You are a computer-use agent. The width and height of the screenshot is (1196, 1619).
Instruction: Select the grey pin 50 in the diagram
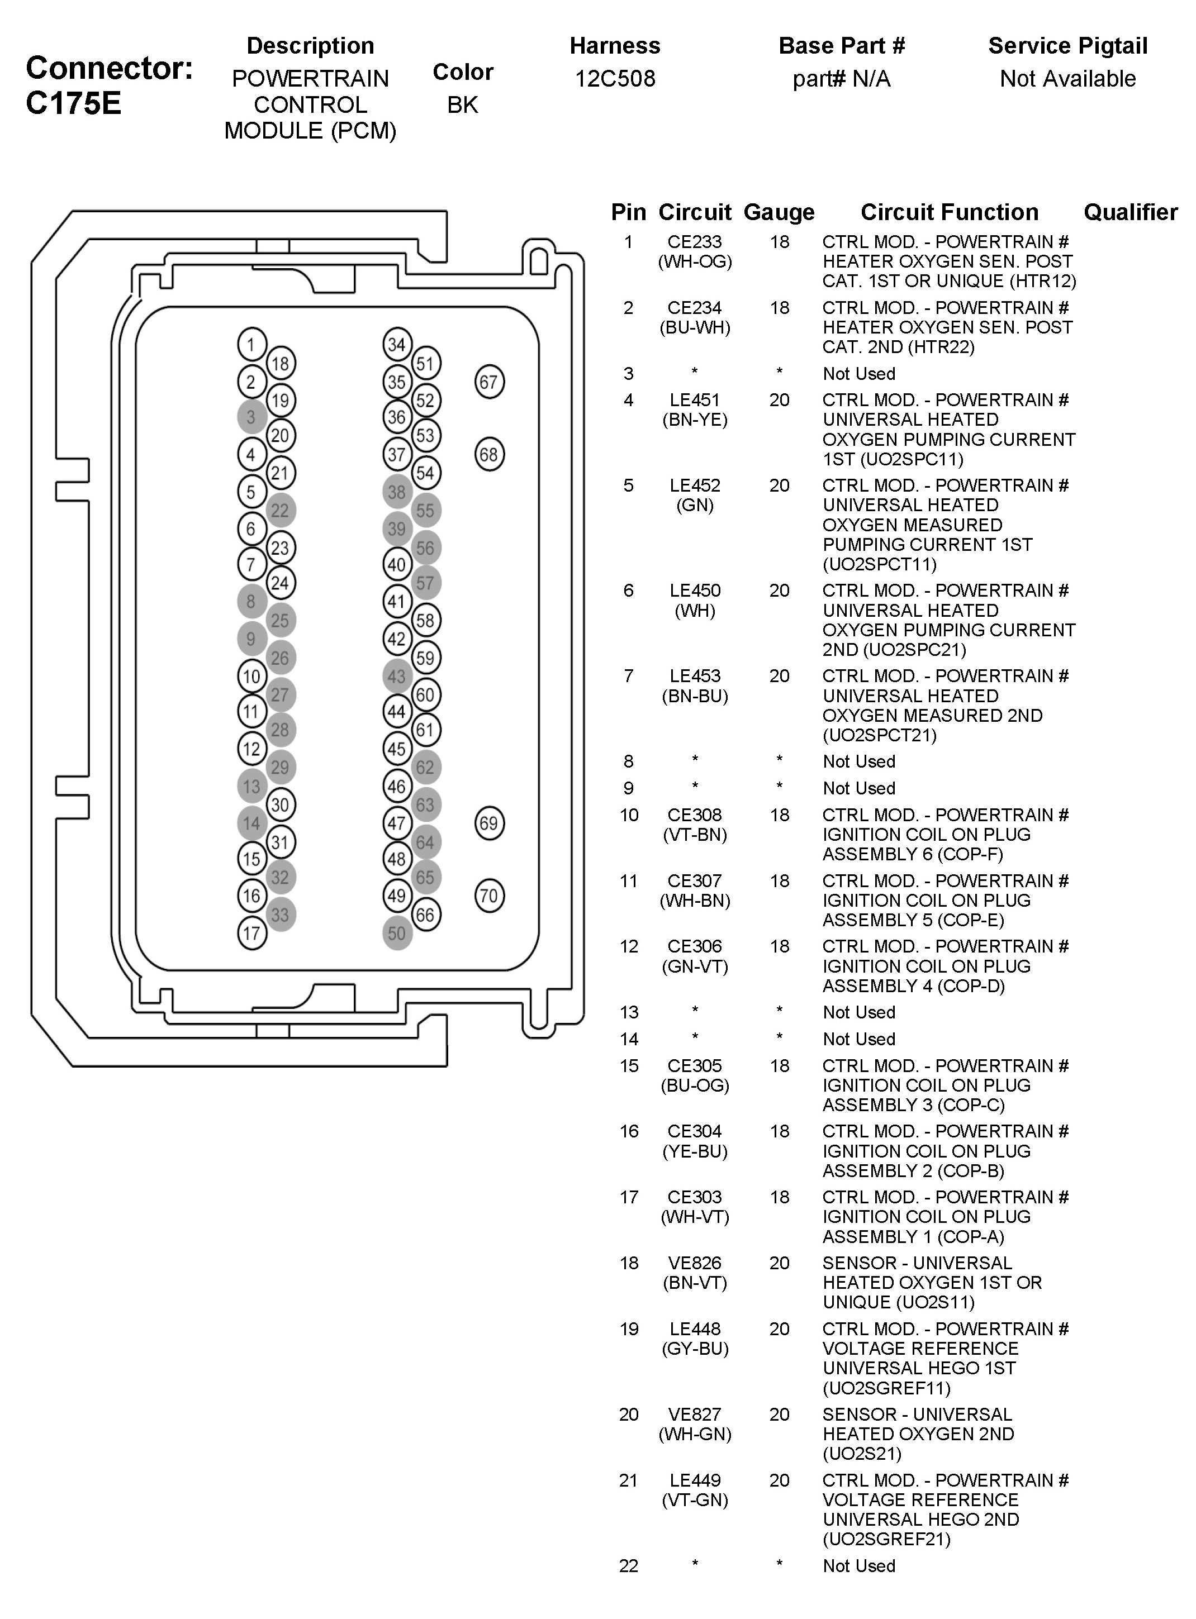pos(397,934)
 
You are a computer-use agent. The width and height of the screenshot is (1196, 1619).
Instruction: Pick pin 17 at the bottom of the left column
pos(251,934)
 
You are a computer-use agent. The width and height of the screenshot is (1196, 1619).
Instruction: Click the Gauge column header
pos(779,212)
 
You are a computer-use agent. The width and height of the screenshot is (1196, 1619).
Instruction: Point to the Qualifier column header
pos(1130,212)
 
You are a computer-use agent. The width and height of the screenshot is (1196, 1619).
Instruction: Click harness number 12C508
pos(615,78)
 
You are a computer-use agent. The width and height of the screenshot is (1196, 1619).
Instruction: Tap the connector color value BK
pos(463,105)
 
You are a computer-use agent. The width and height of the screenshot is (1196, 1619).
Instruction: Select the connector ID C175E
pos(73,103)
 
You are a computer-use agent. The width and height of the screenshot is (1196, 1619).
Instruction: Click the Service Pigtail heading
pos(1068,46)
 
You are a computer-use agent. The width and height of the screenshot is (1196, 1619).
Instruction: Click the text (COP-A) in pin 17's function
pos(979,1237)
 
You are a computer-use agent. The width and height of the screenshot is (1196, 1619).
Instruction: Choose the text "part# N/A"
pos(841,78)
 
